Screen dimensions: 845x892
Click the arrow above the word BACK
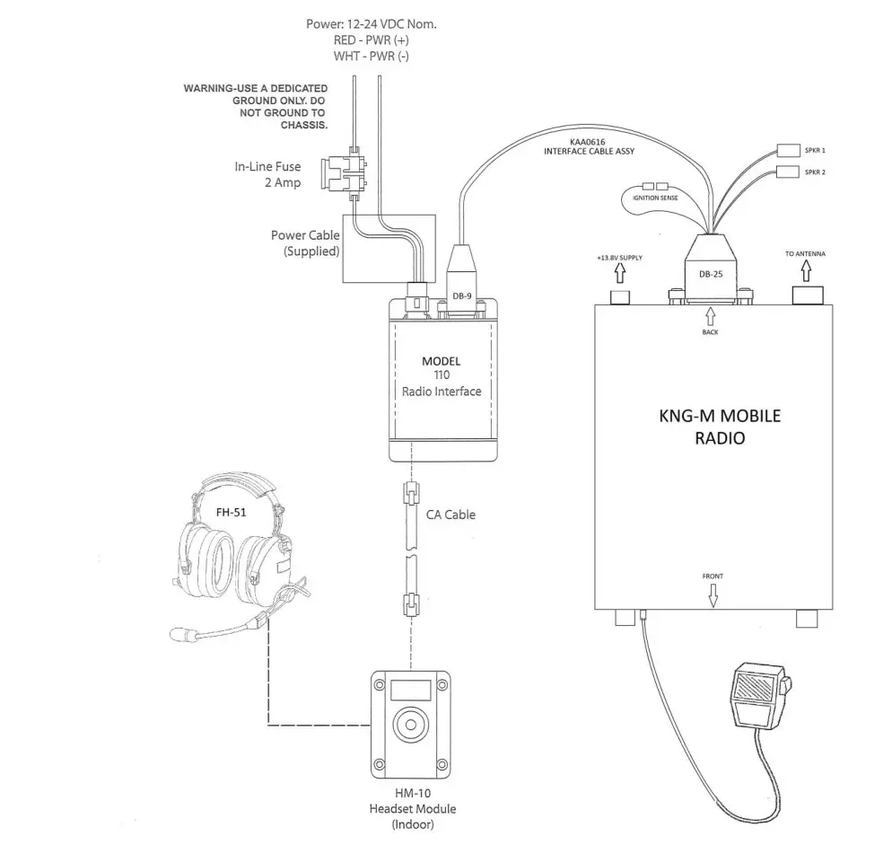(710, 316)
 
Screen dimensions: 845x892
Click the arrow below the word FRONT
(713, 595)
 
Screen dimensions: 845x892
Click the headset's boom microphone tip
(184, 634)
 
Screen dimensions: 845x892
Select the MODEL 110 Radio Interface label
(441, 375)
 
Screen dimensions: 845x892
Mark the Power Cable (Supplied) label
(305, 242)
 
